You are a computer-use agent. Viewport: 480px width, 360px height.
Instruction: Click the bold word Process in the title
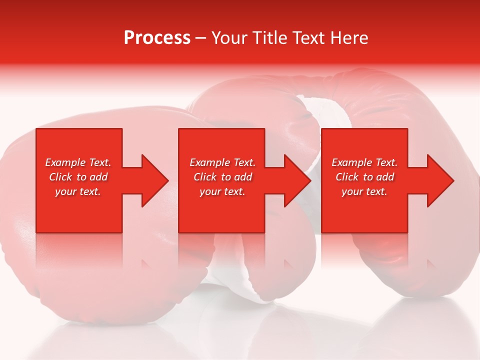[x=157, y=38]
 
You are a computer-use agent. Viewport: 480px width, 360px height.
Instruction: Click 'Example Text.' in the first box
[x=78, y=162]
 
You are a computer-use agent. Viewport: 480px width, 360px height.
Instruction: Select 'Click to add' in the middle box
[x=222, y=177]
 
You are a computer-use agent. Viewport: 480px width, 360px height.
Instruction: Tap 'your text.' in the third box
[x=364, y=191]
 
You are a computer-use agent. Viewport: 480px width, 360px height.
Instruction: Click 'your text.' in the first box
[x=78, y=191]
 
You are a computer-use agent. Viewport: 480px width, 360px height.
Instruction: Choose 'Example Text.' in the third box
[x=364, y=162]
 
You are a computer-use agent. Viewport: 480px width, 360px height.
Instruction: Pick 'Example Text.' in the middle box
[x=222, y=162]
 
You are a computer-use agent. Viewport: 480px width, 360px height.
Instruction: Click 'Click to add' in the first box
[x=78, y=177]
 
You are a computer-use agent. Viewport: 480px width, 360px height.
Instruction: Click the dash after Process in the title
[x=200, y=38]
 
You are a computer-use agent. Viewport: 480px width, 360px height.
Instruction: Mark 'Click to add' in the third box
[x=364, y=177]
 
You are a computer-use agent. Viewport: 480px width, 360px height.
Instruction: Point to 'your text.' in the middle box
[x=222, y=191]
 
